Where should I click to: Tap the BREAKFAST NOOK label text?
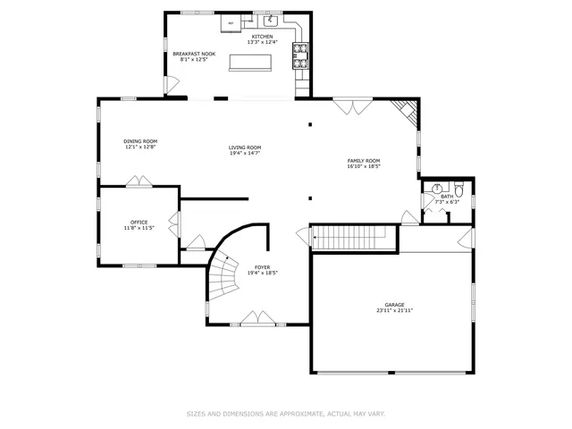[194, 54]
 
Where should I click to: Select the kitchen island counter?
[251, 62]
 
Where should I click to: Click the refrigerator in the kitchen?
[231, 21]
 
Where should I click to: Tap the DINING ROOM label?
[140, 141]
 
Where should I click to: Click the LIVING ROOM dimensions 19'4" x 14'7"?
[244, 155]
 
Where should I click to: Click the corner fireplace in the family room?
[407, 111]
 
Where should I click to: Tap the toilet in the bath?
[458, 189]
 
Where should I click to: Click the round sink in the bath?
[437, 189]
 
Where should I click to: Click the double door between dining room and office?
[139, 182]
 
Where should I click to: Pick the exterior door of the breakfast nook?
[166, 86]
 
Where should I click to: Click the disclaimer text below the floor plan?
[285, 414]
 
